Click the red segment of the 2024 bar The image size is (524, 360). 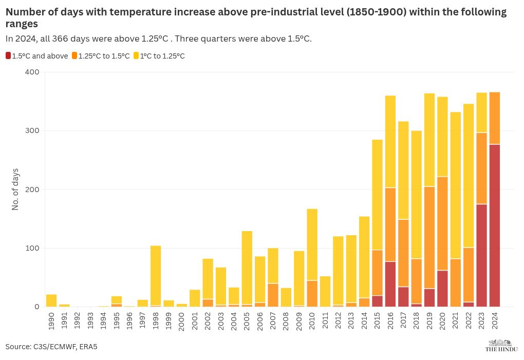point(495,225)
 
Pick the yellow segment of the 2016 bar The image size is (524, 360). point(390,141)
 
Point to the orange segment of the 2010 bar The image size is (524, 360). point(312,293)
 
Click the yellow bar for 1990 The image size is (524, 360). point(51,300)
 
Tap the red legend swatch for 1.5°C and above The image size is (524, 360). point(8,56)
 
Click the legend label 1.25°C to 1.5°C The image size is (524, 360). point(104,56)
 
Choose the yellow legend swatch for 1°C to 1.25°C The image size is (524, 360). point(136,56)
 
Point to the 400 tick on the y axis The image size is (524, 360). point(32,72)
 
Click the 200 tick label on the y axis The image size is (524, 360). point(32,190)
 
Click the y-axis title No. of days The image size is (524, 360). point(15,189)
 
